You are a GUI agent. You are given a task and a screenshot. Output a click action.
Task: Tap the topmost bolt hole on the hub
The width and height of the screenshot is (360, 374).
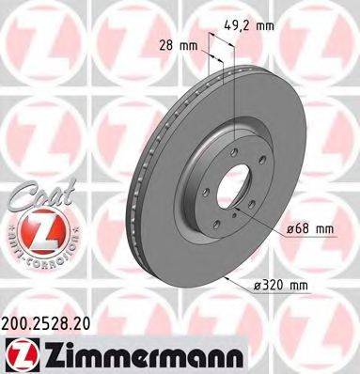pos(232,141)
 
